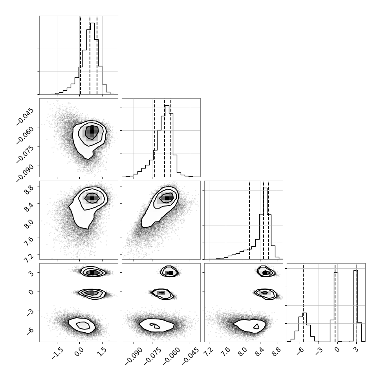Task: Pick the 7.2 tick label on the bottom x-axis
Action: click(208, 350)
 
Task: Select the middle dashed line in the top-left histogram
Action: click(90, 55)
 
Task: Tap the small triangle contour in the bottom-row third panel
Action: click(256, 326)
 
